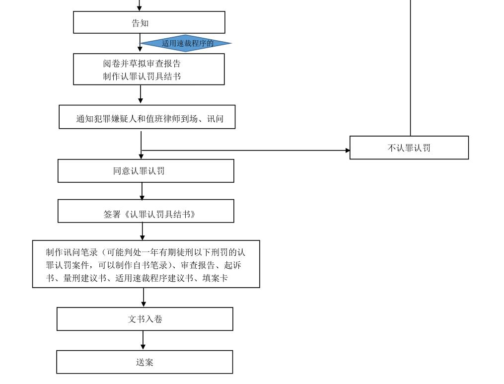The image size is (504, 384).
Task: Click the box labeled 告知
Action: click(149, 22)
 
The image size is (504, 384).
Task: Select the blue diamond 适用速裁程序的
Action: click(187, 43)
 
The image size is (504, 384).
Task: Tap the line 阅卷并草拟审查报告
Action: click(144, 64)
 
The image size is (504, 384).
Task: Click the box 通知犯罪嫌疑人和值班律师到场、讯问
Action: click(147, 119)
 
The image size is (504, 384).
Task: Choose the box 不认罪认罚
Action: click(409, 148)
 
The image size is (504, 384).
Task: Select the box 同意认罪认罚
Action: click(145, 171)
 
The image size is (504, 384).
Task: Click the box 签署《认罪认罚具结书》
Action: click(145, 214)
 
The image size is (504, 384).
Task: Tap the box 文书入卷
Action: click(144, 319)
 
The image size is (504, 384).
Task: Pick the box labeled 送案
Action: click(144, 362)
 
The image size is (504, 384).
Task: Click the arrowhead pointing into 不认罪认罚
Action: click(347, 150)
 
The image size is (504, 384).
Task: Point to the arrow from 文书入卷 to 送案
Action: click(144, 341)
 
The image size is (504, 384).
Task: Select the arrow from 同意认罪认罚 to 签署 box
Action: click(142, 191)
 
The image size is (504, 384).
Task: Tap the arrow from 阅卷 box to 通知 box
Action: click(141, 94)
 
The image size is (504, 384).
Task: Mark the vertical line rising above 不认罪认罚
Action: click(410, 70)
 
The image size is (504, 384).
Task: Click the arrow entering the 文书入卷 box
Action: click(144, 298)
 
